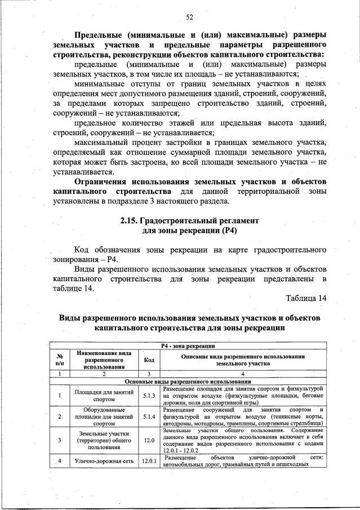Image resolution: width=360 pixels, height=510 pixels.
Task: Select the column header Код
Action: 149,360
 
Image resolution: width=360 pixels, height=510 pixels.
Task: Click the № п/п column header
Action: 59,360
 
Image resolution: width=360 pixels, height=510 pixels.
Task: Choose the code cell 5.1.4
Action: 149,417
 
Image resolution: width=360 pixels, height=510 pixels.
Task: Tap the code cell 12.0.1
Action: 149,461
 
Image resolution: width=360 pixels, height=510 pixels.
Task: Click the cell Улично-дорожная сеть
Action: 104,461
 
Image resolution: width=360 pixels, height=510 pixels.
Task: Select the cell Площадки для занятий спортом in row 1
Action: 104,396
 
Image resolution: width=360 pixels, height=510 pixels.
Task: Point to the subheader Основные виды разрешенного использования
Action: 187,382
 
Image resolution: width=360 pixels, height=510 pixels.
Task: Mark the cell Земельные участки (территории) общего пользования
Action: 104,440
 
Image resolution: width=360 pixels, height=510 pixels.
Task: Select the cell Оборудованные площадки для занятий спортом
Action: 104,417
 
